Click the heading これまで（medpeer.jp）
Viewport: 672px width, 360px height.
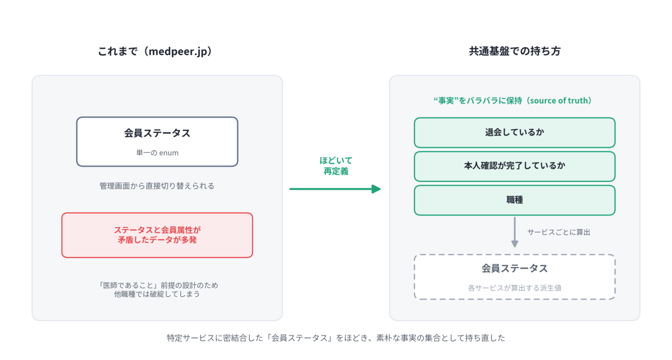click(156, 52)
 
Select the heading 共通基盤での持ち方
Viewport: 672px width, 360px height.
click(515, 52)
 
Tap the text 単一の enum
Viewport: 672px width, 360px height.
click(157, 153)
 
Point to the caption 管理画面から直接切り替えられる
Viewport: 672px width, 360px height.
click(157, 186)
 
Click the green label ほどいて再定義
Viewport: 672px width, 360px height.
click(335, 166)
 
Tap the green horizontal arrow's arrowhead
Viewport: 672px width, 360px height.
click(376, 189)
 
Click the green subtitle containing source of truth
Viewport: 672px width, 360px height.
click(513, 101)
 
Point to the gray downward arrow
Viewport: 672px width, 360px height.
click(515, 232)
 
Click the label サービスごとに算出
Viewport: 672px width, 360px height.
click(559, 232)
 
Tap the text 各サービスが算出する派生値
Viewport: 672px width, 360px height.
click(515, 288)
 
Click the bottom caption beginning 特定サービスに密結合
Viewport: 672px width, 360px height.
click(335, 338)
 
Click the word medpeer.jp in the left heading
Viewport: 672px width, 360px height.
click(178, 52)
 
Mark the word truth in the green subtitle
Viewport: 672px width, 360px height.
click(576, 101)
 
